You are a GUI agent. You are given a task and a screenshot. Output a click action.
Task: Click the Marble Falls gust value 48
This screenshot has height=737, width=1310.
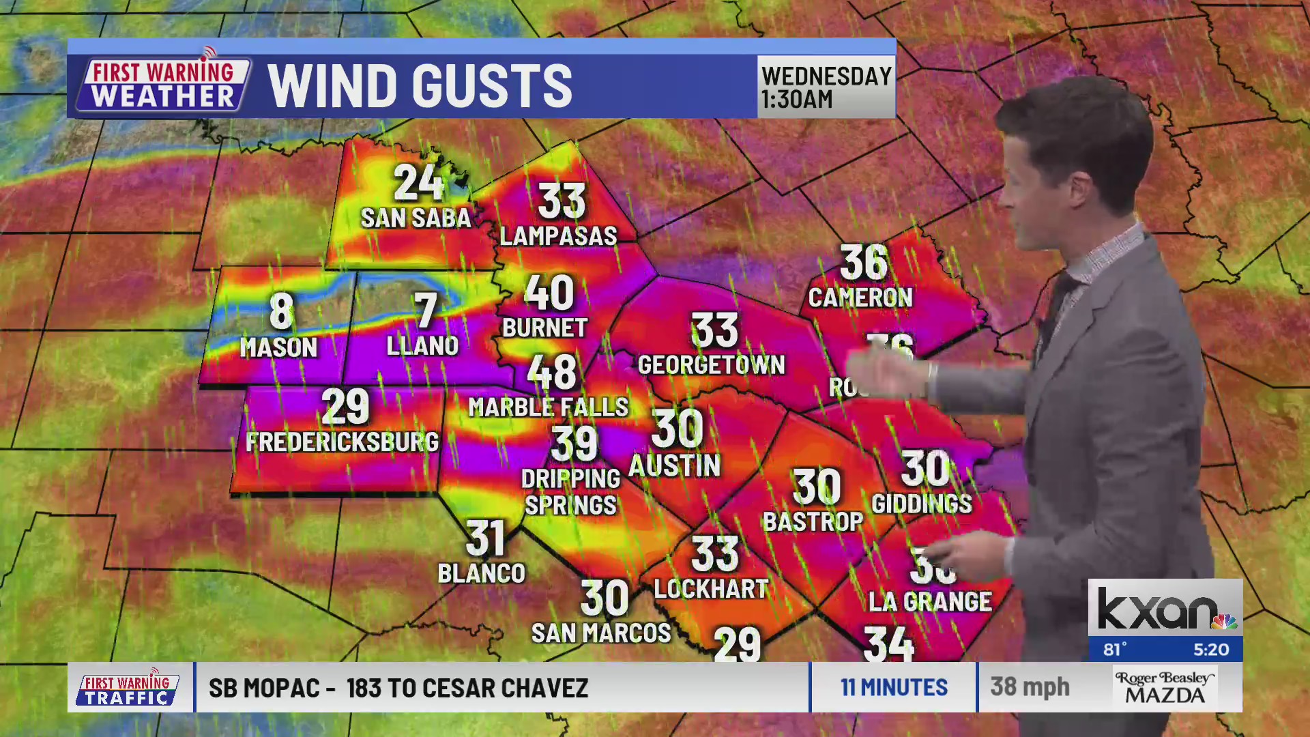coord(552,373)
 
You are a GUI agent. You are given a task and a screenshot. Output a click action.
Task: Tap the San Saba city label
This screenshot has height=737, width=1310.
coord(416,218)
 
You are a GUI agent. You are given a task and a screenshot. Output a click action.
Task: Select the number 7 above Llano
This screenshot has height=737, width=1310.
coord(425,310)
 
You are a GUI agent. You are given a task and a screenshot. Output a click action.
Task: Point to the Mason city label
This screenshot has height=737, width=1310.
coord(278,348)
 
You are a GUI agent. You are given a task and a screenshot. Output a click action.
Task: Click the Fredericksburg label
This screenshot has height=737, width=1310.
coord(342,442)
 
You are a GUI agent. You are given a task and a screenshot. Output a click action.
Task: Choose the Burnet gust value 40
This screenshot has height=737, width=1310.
coord(549,293)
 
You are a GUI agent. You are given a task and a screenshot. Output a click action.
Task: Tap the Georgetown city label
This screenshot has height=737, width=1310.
coord(711,365)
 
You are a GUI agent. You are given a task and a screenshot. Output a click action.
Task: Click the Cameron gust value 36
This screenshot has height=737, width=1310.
coord(863,262)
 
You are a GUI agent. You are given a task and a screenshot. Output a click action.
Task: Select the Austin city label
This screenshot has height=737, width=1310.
coord(674,466)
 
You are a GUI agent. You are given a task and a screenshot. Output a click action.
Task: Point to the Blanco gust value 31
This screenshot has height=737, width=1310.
coord(485,538)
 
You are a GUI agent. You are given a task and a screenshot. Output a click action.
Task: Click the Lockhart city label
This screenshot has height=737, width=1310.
coord(711,589)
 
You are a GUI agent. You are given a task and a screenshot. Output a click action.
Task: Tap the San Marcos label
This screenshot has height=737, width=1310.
coord(601,633)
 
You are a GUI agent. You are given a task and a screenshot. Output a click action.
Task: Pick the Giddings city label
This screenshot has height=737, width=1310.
coord(921,504)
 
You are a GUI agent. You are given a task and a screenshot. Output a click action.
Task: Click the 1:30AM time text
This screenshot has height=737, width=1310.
coord(797,100)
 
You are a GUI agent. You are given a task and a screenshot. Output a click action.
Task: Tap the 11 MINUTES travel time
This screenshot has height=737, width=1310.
coord(894,687)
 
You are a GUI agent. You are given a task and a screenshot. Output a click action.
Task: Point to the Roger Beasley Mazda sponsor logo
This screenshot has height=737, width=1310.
coord(1165,687)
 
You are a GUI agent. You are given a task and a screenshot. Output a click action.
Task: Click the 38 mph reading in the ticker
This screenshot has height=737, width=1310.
coord(1030,687)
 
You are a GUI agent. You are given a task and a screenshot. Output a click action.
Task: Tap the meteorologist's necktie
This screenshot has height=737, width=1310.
coord(1054,307)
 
